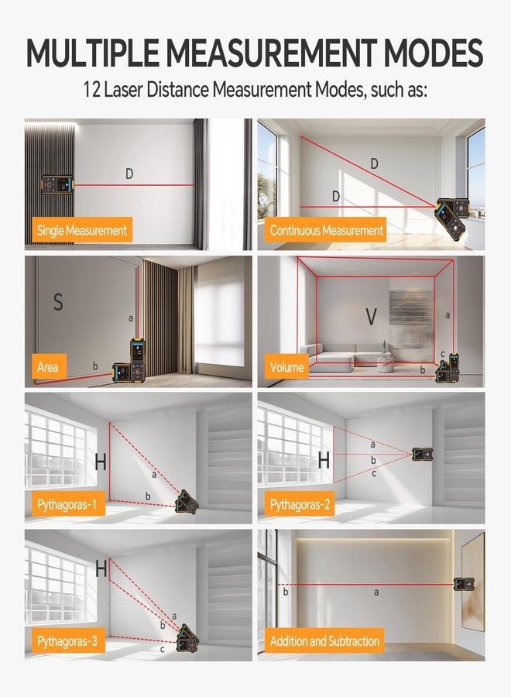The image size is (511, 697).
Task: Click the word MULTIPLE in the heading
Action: point(92,53)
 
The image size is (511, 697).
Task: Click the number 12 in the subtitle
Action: point(92,89)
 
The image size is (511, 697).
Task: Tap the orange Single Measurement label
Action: point(82,230)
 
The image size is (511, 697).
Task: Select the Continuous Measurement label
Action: point(326,230)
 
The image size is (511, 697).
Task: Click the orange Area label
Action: point(49,366)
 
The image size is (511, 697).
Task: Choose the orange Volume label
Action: point(286,366)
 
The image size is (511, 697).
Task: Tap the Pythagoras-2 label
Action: point(300,503)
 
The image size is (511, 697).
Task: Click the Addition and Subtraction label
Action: point(324,640)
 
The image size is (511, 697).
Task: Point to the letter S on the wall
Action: point(58,301)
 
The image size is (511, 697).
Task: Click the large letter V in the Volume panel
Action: point(371,317)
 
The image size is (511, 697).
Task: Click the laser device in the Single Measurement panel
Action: point(58,184)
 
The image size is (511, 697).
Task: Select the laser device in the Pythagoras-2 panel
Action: point(423,454)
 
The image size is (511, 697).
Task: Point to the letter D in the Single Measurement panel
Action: point(129,173)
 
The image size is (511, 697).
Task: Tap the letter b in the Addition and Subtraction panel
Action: point(286,592)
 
